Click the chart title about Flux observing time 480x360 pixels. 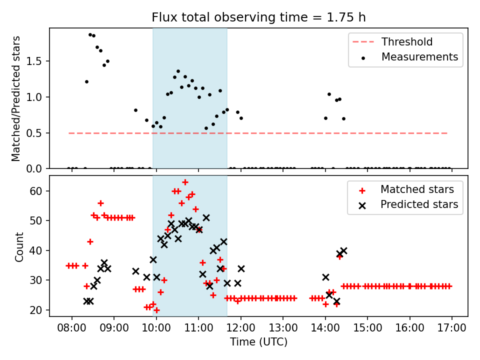[258, 17]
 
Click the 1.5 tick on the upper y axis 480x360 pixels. [37, 61]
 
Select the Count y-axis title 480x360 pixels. [19, 246]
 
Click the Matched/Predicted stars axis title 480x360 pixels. [16, 98]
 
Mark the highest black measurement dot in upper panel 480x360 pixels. [90, 34]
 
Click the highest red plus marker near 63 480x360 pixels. [185, 182]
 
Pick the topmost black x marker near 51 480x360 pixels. [206, 217]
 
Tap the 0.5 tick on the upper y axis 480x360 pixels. [37, 133]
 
